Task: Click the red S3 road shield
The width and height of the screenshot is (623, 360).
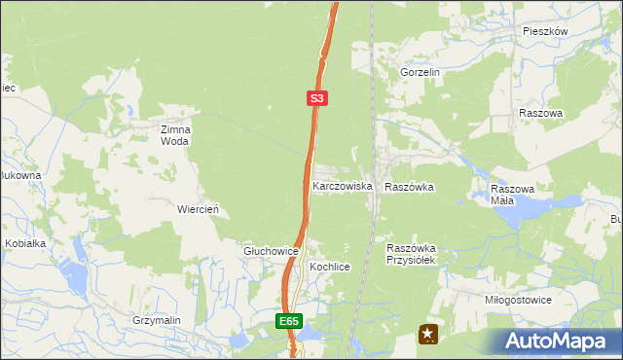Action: click(x=317, y=98)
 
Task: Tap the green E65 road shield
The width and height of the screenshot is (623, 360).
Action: click(x=288, y=321)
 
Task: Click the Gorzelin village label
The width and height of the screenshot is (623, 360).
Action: click(x=421, y=72)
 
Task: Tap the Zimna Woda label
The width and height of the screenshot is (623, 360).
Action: click(x=176, y=134)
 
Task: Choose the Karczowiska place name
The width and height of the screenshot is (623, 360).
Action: click(x=342, y=185)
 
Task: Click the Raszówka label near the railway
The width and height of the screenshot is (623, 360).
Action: click(x=409, y=185)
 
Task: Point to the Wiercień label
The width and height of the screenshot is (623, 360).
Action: click(x=198, y=209)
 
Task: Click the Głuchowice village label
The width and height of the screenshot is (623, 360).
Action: click(x=270, y=251)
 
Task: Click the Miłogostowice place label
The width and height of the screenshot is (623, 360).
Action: click(x=518, y=300)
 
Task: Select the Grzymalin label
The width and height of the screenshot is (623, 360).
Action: click(x=160, y=319)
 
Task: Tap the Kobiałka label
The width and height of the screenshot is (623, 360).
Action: click(x=26, y=243)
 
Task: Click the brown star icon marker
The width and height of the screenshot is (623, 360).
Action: click(x=427, y=335)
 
